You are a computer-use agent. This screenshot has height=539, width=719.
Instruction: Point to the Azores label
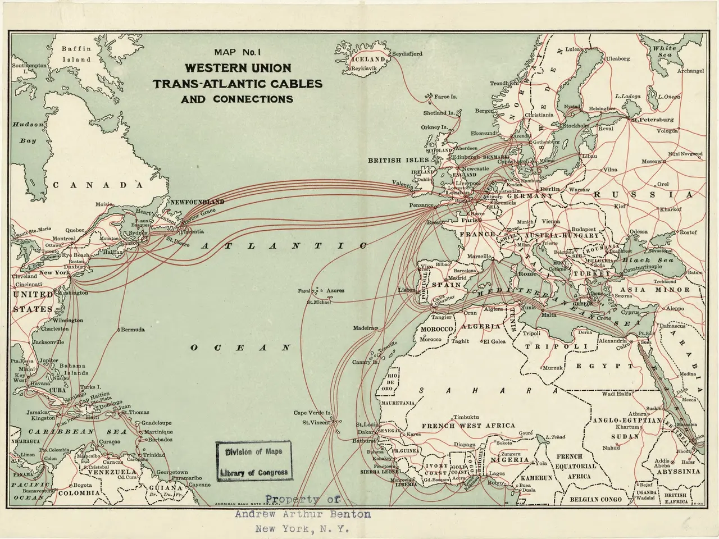tap(335, 290)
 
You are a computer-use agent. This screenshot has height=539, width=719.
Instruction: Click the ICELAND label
tap(368, 59)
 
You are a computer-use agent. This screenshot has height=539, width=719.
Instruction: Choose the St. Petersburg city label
tap(652, 120)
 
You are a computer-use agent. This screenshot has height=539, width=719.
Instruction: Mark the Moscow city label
tap(651, 161)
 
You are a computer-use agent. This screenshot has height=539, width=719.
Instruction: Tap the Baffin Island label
tap(76, 54)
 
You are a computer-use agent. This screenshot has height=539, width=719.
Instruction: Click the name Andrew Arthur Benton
tap(303, 514)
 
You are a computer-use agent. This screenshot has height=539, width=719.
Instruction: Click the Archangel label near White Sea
tap(690, 71)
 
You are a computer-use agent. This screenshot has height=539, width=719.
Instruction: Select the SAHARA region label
tap(488, 390)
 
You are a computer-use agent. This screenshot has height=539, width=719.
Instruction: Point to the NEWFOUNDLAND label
tap(197, 202)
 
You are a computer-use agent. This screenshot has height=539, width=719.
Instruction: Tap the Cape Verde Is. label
tap(313, 413)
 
